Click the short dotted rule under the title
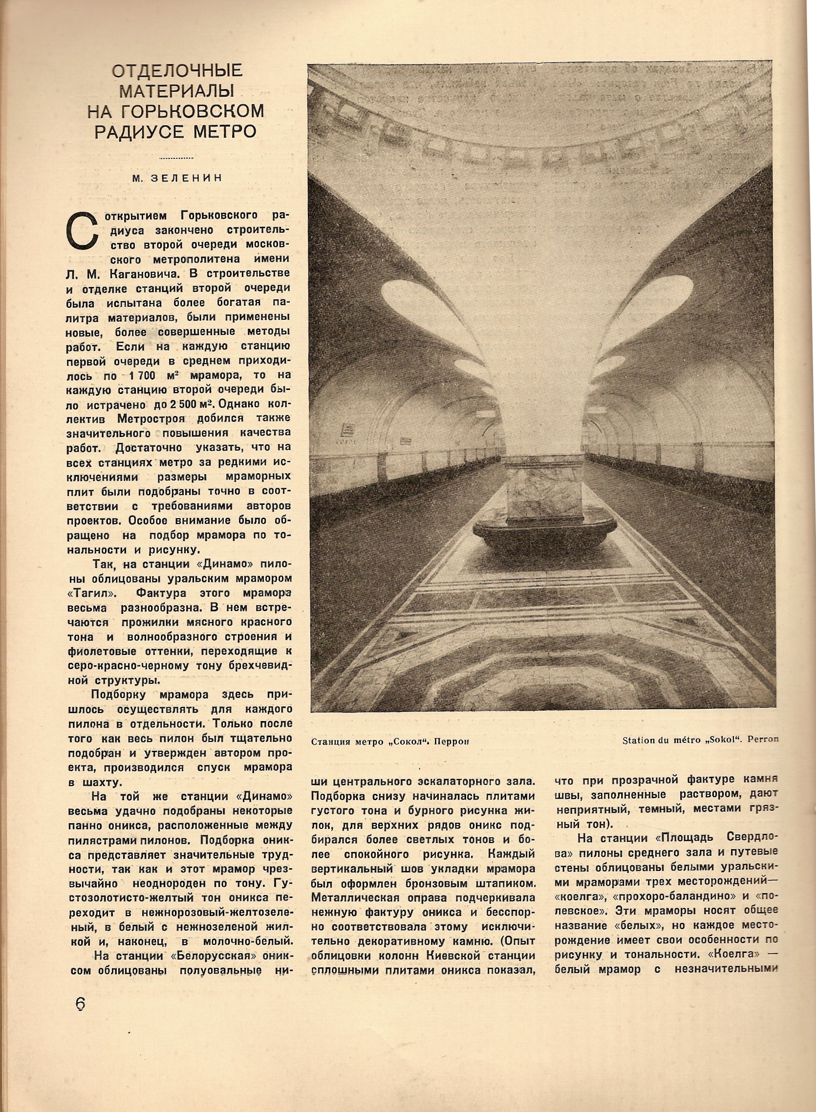[x=177, y=158]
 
